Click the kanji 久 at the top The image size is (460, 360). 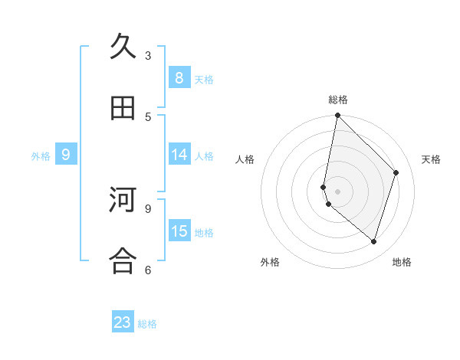123,47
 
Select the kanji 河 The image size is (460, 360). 123,201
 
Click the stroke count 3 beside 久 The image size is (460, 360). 148,55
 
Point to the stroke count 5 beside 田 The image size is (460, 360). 148,116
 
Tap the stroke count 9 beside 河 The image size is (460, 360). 148,208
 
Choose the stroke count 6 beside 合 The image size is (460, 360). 148,269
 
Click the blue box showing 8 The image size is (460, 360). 179,78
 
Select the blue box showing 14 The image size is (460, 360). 179,155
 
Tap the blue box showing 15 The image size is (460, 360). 179,231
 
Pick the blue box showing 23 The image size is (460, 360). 123,322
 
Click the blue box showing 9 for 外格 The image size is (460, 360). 66,155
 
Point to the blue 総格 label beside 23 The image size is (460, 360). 147,324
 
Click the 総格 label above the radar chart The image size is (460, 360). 337,100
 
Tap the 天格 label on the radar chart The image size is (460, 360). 431,159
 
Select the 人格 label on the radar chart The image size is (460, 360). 245,159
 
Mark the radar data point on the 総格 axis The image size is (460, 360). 337,115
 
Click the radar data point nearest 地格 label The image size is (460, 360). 373,241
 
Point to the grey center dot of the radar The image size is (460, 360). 337,191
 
